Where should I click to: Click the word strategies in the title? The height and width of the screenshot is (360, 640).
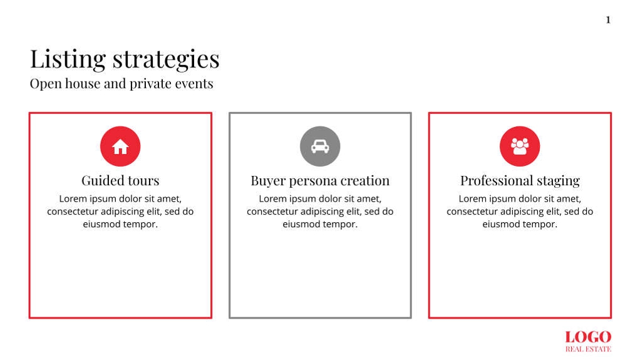[166, 59]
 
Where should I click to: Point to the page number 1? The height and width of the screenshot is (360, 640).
[607, 20]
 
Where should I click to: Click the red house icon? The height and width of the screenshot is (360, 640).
[120, 147]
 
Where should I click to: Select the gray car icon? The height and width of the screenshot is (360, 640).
[320, 147]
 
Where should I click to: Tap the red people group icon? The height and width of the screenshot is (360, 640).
[520, 147]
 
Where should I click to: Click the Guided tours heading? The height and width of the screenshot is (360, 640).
[120, 181]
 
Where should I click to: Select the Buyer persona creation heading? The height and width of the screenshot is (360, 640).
[320, 181]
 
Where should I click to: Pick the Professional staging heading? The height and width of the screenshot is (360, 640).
[520, 181]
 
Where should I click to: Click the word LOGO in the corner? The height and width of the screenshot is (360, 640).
[588, 337]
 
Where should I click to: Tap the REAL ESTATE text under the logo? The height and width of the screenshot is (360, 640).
[588, 349]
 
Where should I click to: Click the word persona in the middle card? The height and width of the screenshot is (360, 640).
[312, 181]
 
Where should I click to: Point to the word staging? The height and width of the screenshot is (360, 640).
[554, 181]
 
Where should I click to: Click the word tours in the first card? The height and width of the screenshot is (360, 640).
[143, 181]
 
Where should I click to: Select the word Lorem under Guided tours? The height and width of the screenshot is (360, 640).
[73, 199]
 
